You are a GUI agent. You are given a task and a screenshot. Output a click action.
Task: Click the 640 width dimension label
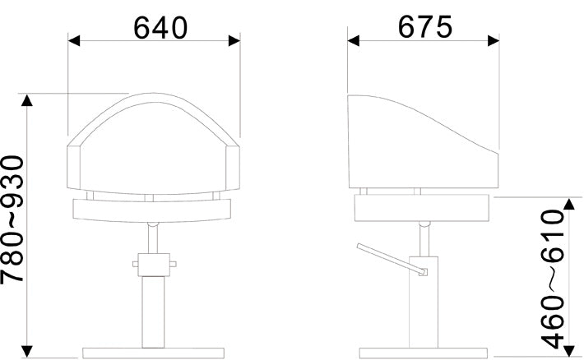[160, 28]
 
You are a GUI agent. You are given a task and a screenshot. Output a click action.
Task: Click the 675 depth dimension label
[425, 27]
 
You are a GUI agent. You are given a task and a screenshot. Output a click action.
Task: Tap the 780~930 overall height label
[12, 219]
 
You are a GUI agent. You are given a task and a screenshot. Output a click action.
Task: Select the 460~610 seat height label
[553, 279]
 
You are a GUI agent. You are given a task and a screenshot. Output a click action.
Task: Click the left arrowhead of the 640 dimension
[74, 40]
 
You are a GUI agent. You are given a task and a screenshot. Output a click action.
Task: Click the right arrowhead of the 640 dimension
[234, 40]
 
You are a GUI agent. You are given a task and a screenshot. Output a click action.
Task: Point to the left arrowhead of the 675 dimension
[354, 40]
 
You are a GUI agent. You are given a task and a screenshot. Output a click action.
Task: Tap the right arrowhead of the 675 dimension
[494, 40]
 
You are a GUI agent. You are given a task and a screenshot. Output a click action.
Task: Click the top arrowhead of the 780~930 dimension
[26, 100]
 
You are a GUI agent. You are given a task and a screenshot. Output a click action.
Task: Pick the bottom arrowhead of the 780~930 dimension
[26, 352]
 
